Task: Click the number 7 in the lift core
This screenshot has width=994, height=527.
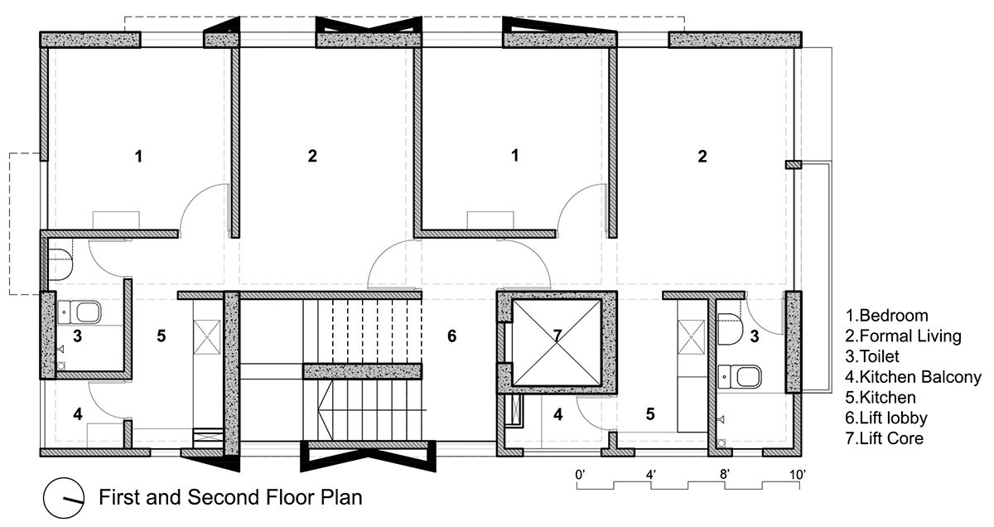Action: [557, 336]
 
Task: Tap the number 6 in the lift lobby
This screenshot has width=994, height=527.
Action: [451, 336]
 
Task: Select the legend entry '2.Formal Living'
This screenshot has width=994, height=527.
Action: [903, 336]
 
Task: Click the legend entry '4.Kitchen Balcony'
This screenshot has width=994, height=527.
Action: [913, 377]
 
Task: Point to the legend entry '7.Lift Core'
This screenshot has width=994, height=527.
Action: [885, 438]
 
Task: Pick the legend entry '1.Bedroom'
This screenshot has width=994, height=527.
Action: [886, 316]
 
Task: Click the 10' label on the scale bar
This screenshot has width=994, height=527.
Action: [798, 475]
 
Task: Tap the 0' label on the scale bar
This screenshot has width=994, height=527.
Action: [580, 475]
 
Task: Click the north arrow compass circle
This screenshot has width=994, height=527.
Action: [64, 498]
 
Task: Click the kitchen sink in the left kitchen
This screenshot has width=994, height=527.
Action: [207, 337]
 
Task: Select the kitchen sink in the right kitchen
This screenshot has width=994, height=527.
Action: [691, 337]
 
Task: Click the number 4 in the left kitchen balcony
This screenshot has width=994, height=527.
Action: [78, 414]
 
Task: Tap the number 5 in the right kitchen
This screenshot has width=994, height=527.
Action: [650, 414]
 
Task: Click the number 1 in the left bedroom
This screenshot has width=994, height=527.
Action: [139, 157]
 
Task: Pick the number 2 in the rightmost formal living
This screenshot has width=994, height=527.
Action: [702, 157]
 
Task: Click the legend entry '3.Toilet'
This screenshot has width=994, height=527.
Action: [872, 356]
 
